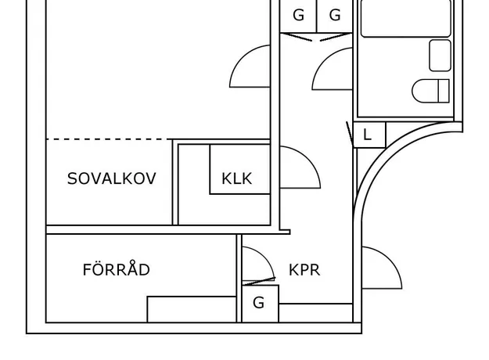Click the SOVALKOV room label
pyautogui.click(x=111, y=178)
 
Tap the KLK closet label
pyautogui.click(x=236, y=178)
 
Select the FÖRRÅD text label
pyautogui.click(x=116, y=268)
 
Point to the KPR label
pyautogui.click(x=304, y=270)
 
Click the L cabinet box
pyautogui.click(x=369, y=135)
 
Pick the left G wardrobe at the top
pyautogui.click(x=298, y=16)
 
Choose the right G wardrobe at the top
pyautogui.click(x=335, y=16)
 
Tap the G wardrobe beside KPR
pyautogui.click(x=260, y=304)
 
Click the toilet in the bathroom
pyautogui.click(x=430, y=91)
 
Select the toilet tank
pyautogui.click(x=444, y=91)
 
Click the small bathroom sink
pyautogui.click(x=440, y=56)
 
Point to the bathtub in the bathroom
pyautogui.click(x=406, y=18)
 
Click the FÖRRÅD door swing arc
pyautogui.click(x=264, y=257)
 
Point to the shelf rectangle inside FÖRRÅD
pyautogui.click(x=192, y=309)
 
